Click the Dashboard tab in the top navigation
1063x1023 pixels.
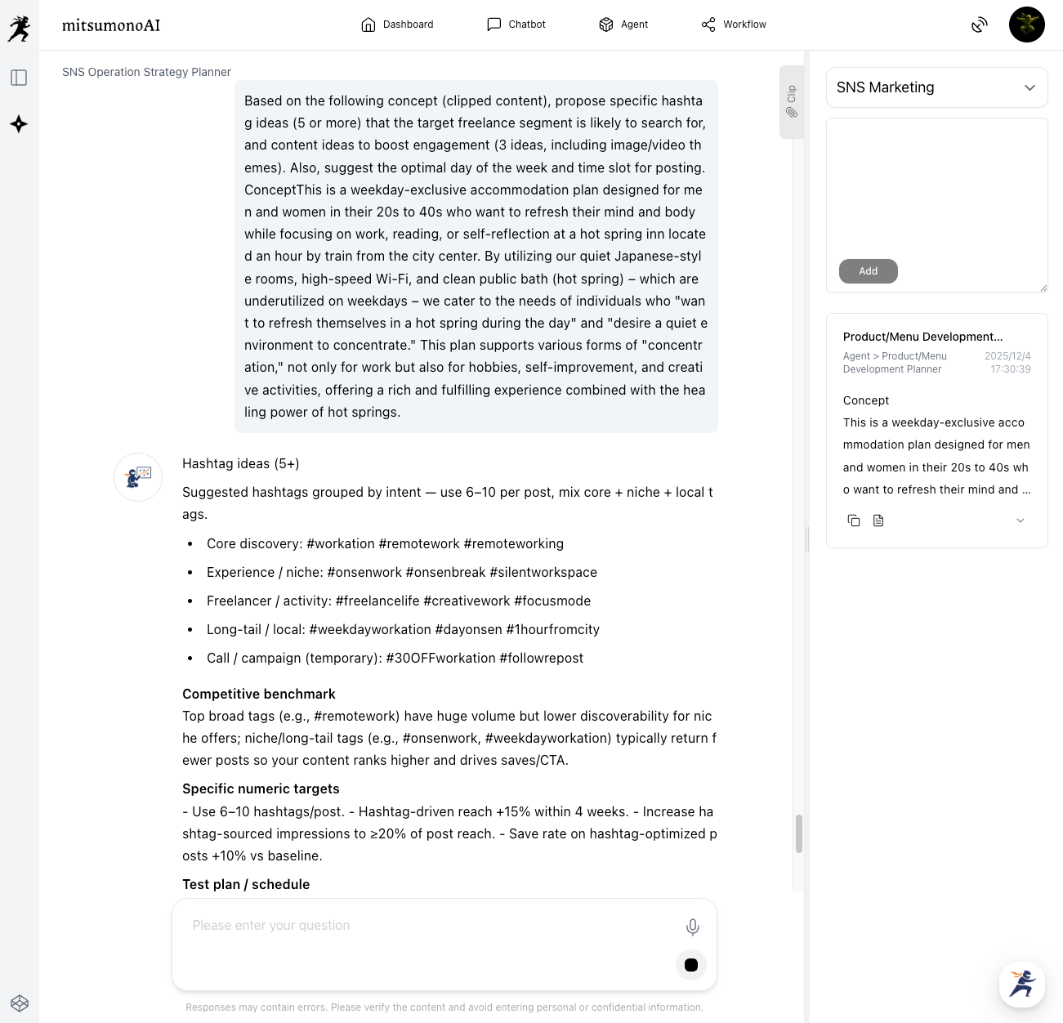[x=397, y=25]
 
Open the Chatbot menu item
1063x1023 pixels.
[x=516, y=25]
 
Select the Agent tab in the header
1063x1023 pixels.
[x=623, y=25]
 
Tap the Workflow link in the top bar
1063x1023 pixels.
[x=734, y=25]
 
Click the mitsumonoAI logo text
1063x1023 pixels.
[x=111, y=25]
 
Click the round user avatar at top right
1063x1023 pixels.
[x=1027, y=25]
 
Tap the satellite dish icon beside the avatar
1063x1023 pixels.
[x=980, y=25]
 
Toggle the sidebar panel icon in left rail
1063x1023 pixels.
[x=19, y=78]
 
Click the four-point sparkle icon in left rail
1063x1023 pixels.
[x=19, y=124]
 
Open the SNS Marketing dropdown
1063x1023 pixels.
[x=936, y=87]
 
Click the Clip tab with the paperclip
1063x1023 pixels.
[x=791, y=102]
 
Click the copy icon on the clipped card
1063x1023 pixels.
[x=854, y=520]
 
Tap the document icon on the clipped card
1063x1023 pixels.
[x=878, y=520]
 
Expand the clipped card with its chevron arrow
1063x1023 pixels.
[x=1021, y=520]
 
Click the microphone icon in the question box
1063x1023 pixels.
[x=692, y=927]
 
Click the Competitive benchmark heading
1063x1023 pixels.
[x=259, y=694]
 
